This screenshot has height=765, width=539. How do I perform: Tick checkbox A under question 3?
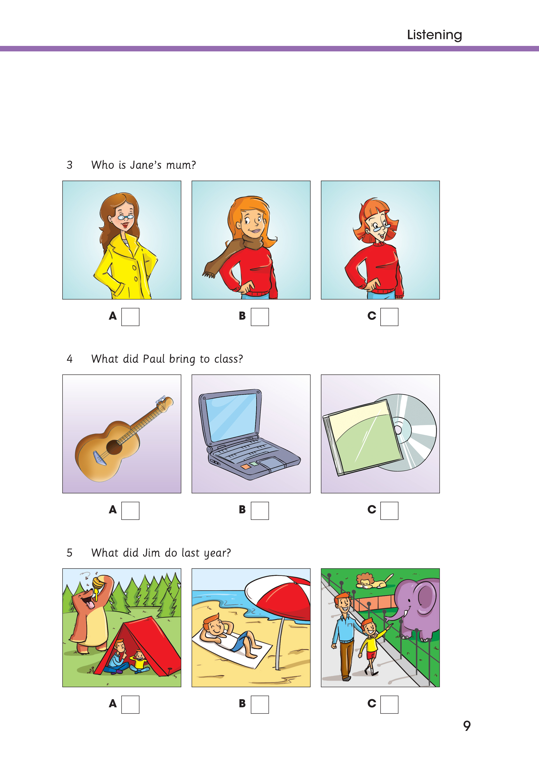pos(130,317)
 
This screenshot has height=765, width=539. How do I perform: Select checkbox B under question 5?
pos(260,704)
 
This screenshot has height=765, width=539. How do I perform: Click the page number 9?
pos(467,725)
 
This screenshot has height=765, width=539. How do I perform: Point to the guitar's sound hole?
pos(114,447)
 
